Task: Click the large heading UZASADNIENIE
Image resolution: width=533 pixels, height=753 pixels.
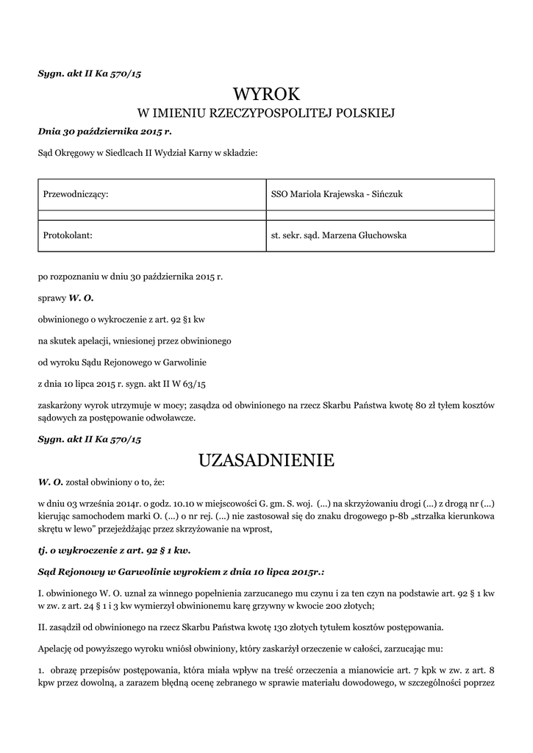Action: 266,461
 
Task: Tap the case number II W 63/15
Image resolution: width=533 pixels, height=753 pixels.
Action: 187,384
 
